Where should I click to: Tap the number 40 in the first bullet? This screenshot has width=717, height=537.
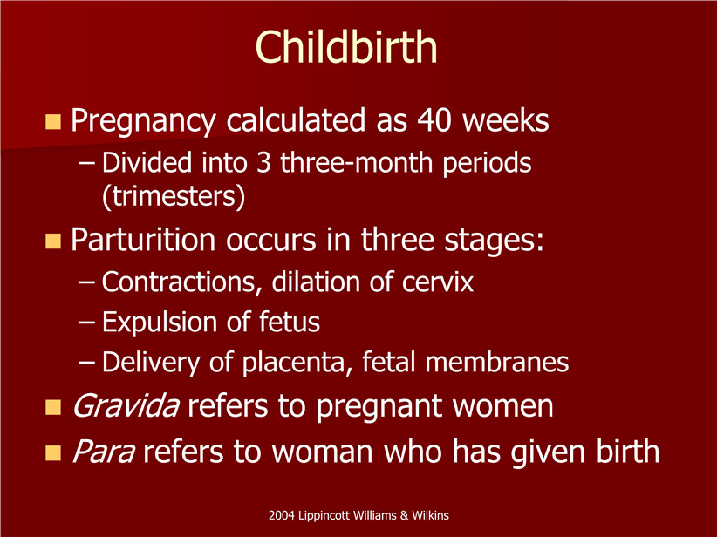coord(434,120)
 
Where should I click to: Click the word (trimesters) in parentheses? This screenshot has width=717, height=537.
coord(174,196)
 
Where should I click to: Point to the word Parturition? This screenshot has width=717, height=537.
coord(143,240)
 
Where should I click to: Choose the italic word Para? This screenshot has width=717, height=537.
coord(103,452)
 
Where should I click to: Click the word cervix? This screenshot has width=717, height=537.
coord(438,282)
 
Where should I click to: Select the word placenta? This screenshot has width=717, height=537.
coord(297,363)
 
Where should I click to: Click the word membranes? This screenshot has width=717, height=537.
coord(496,362)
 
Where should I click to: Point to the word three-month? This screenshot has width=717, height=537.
coord(356,162)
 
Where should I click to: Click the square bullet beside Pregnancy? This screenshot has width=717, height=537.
coord(53,122)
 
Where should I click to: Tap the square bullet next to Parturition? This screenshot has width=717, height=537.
coord(53,241)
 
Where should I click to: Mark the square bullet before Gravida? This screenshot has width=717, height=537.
coord(53,407)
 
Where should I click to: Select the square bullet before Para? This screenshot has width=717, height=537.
coord(53,452)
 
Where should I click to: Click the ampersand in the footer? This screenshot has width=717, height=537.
coord(404,515)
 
